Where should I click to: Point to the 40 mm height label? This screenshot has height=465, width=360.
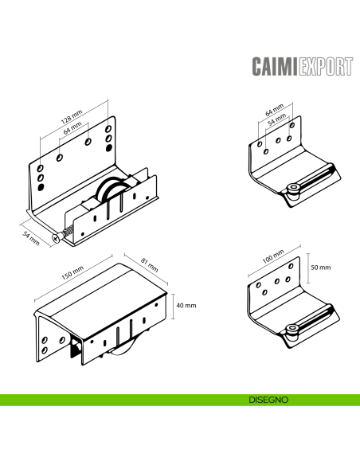186,305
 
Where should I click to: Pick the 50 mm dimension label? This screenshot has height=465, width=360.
321,268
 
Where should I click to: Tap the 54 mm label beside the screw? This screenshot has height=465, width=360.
30,237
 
